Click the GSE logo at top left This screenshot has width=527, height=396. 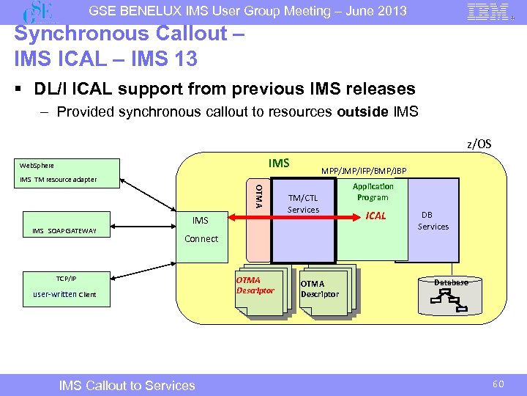40,12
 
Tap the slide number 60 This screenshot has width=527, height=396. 498,384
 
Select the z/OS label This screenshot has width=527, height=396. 479,144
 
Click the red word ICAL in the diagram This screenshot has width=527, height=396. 375,216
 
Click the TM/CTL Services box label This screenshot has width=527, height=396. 303,204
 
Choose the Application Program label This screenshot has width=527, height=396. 373,192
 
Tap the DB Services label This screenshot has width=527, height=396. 433,221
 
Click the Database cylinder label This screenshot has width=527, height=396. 450,282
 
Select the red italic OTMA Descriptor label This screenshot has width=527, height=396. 255,285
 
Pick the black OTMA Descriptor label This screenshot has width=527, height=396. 319,289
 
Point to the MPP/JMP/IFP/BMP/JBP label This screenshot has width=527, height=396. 364,171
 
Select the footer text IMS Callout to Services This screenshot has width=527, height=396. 127,385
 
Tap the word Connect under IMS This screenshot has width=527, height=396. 201,238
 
